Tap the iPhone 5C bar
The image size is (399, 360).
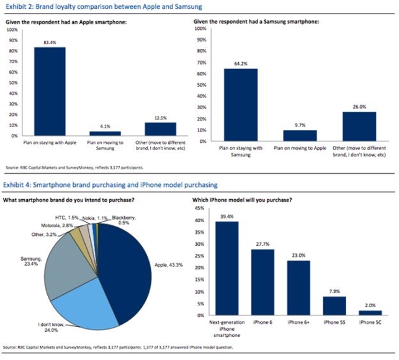click(370, 313)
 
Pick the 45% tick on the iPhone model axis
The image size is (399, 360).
click(199, 208)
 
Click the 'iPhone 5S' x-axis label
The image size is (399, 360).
click(333, 323)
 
